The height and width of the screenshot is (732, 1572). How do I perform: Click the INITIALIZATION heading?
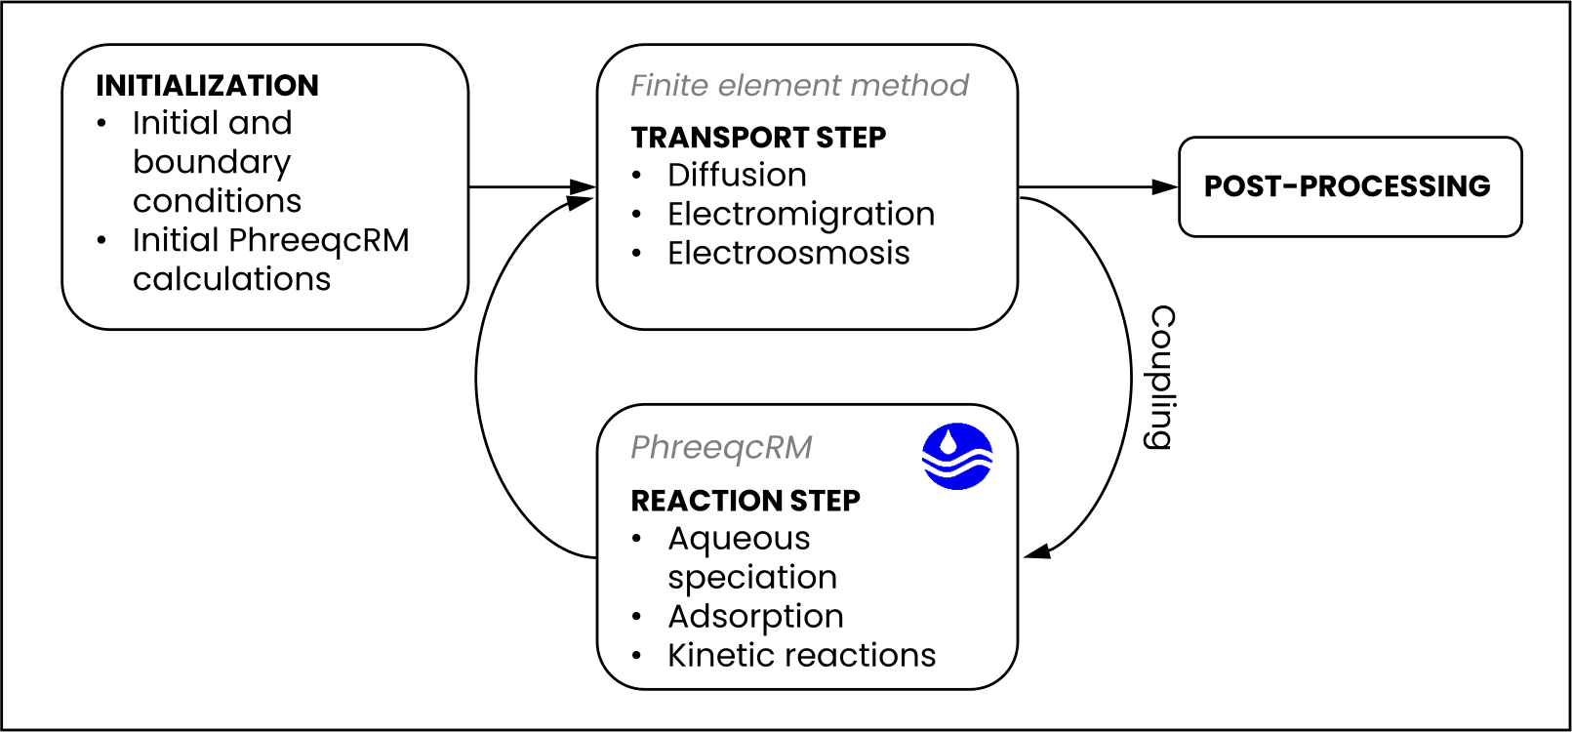[x=207, y=86]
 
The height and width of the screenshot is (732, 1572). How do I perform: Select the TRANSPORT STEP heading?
[x=758, y=138]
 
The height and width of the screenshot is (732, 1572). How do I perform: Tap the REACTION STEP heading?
[x=746, y=501]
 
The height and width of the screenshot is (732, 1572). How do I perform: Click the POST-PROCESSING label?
[x=1347, y=186]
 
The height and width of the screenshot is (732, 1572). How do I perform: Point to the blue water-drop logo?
[x=957, y=456]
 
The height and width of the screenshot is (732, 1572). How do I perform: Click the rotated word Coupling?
[x=1162, y=377]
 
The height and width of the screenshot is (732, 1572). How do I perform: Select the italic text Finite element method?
[x=799, y=86]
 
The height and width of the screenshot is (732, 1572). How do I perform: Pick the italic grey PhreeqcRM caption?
[x=721, y=448]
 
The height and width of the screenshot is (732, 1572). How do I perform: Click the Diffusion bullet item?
[x=737, y=175]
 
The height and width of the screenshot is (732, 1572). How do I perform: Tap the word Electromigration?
[x=801, y=214]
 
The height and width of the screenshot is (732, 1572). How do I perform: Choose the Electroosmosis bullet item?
[x=788, y=253]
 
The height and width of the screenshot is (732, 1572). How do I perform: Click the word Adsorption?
[x=756, y=617]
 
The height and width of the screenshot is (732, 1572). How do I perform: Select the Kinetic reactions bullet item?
[x=801, y=656]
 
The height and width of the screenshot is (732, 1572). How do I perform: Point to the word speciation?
[x=752, y=579]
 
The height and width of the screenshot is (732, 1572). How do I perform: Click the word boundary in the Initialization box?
[x=211, y=163]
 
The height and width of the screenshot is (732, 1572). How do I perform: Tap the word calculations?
[x=231, y=279]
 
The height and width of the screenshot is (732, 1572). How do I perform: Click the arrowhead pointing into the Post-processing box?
[x=1165, y=187]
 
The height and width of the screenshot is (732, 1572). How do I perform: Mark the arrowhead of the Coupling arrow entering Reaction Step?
[x=1037, y=551]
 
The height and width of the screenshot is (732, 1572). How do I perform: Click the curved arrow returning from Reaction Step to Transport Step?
[x=476, y=379]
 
